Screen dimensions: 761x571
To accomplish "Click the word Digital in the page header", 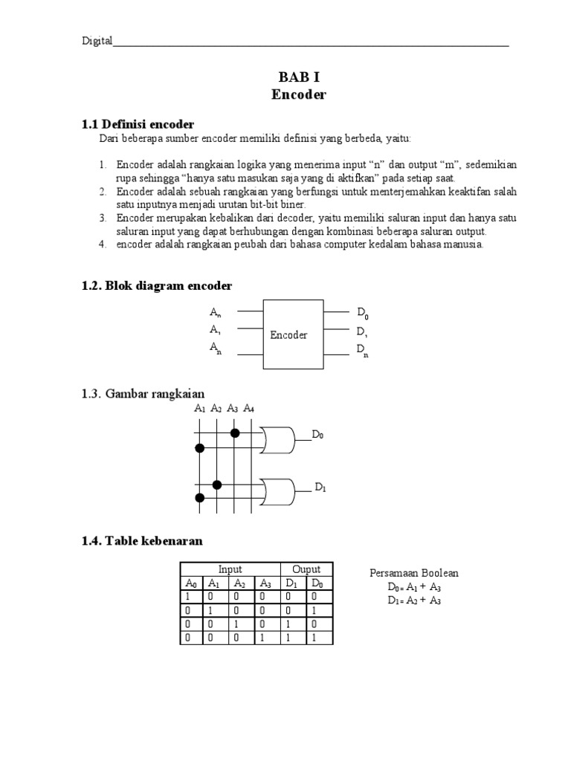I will coord(97,42).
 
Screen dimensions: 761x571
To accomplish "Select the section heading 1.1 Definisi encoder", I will coord(138,123).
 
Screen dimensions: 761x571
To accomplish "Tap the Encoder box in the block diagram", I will coord(293,334).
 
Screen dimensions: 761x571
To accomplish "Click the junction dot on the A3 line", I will coord(235,432).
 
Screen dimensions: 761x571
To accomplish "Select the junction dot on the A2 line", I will coord(217,485).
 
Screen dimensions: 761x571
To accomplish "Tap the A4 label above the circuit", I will coord(248,408).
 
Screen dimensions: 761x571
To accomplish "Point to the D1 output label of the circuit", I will coord(320,488).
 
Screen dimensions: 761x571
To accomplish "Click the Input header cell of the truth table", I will coord(230,569).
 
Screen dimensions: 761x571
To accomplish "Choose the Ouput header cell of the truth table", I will coord(306,569).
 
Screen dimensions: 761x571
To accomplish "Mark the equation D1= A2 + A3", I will coord(414,601).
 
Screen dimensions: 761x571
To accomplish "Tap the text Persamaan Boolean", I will coord(414,573).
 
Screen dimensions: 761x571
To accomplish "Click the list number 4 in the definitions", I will coord(103,244).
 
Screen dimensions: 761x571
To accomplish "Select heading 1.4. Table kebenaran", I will coord(142,541).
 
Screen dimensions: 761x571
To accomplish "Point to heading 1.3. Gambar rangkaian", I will coord(143,393).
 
